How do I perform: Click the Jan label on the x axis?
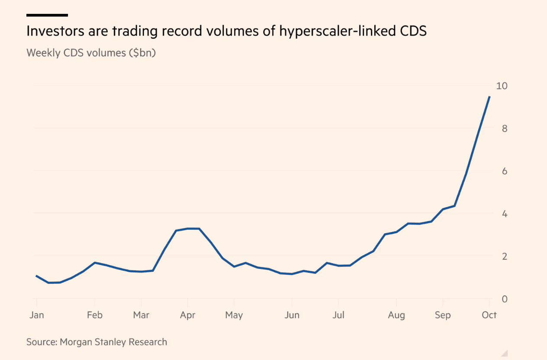coord(37,315)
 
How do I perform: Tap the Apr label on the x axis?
coord(187,315)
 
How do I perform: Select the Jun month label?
coord(292,315)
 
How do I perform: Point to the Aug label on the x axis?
coord(396,315)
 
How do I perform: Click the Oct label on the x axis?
coord(489,315)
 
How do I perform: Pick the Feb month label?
coord(95,315)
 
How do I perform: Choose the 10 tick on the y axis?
coord(502,86)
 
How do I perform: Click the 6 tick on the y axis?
coord(505,171)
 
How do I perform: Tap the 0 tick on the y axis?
coord(505,299)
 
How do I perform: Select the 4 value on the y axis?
coord(505,214)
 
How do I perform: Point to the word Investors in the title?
coord(55,31)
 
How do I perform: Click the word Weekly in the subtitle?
coord(43,53)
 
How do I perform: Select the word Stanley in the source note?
coord(111,342)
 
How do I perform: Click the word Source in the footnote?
coord(42,342)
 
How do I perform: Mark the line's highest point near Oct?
coord(489,97)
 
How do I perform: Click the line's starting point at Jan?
coord(36,276)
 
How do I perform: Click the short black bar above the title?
coord(47,15)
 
